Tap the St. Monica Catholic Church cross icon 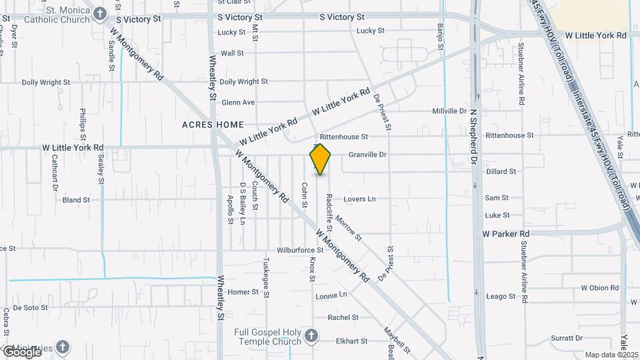(100, 13)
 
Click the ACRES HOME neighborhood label (213, 125)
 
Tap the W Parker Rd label (506, 234)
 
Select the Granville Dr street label (368, 155)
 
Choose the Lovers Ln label (360, 199)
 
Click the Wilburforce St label (300, 251)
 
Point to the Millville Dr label (449, 111)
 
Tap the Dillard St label (501, 171)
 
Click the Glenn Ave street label (238, 103)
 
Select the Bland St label (76, 200)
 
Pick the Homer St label (243, 292)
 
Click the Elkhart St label (352, 341)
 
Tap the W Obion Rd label (599, 288)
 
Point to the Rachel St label (343, 317)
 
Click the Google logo (21, 351)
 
